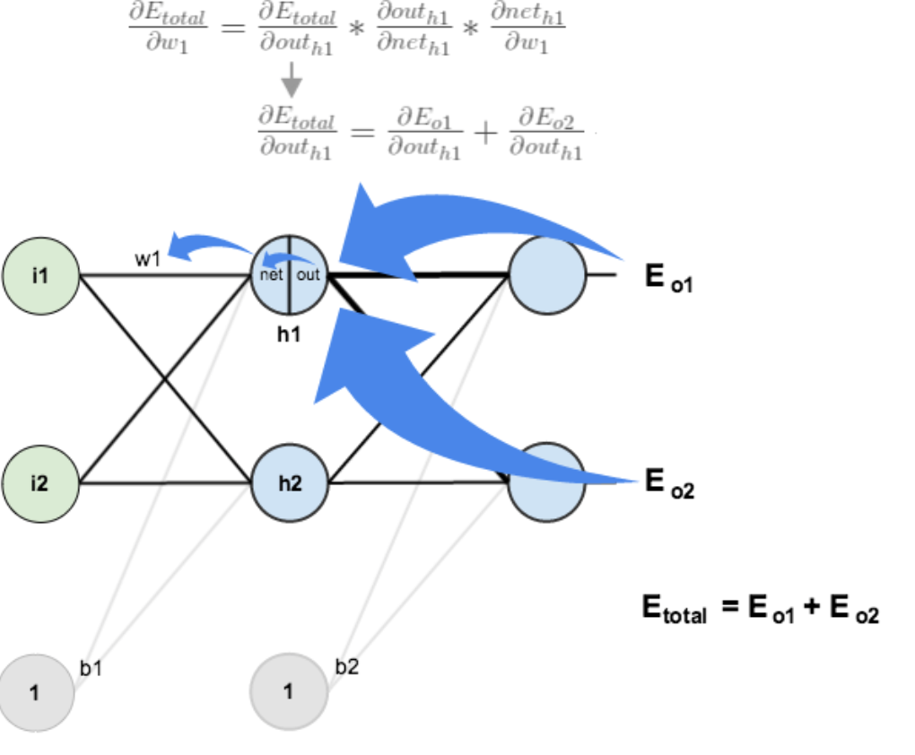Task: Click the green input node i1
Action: pos(41,275)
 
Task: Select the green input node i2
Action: pos(41,483)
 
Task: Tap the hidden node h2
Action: pos(289,483)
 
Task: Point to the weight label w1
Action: pos(148,259)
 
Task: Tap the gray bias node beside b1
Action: pos(36,692)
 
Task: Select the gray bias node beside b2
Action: pos(287,692)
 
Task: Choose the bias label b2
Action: pos(346,668)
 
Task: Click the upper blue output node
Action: pos(546,275)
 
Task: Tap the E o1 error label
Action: pos(668,278)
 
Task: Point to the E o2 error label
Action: pos(669,484)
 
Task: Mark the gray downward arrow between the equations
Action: pos(291,84)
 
